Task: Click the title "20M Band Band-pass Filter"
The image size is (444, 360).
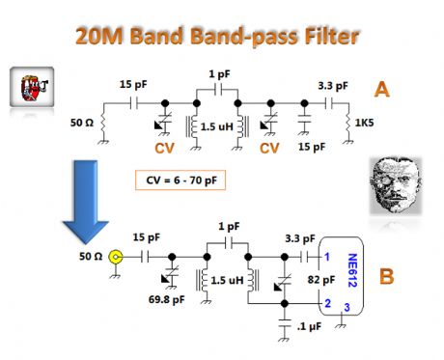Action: (x=223, y=39)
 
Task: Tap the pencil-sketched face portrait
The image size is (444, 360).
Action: (x=397, y=189)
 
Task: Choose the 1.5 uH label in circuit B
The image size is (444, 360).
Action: (x=227, y=280)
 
